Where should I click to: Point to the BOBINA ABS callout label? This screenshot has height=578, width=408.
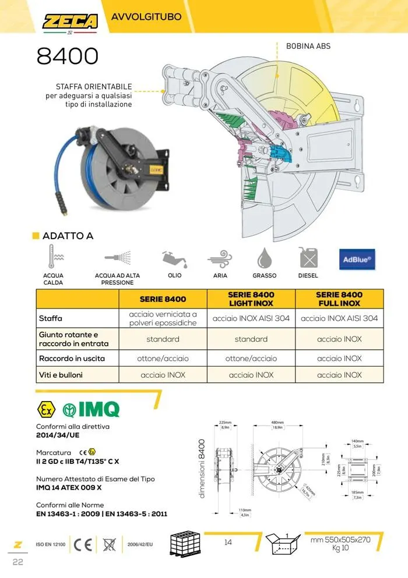pyautogui.click(x=308, y=45)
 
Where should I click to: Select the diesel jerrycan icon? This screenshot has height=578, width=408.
pyautogui.click(x=307, y=258)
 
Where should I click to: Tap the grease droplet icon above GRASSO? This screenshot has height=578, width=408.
pyautogui.click(x=264, y=258)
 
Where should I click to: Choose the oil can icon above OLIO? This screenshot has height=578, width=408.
pyautogui.click(x=174, y=258)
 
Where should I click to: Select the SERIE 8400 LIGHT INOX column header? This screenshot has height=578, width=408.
pyautogui.click(x=251, y=299)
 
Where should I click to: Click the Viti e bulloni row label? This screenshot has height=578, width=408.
pyautogui.click(x=61, y=375)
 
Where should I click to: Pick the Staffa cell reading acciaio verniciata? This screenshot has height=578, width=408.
pyautogui.click(x=163, y=318)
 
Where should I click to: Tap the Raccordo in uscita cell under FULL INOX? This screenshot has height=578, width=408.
pyautogui.click(x=339, y=359)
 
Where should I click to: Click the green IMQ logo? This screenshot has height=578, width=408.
pyautogui.click(x=92, y=409)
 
